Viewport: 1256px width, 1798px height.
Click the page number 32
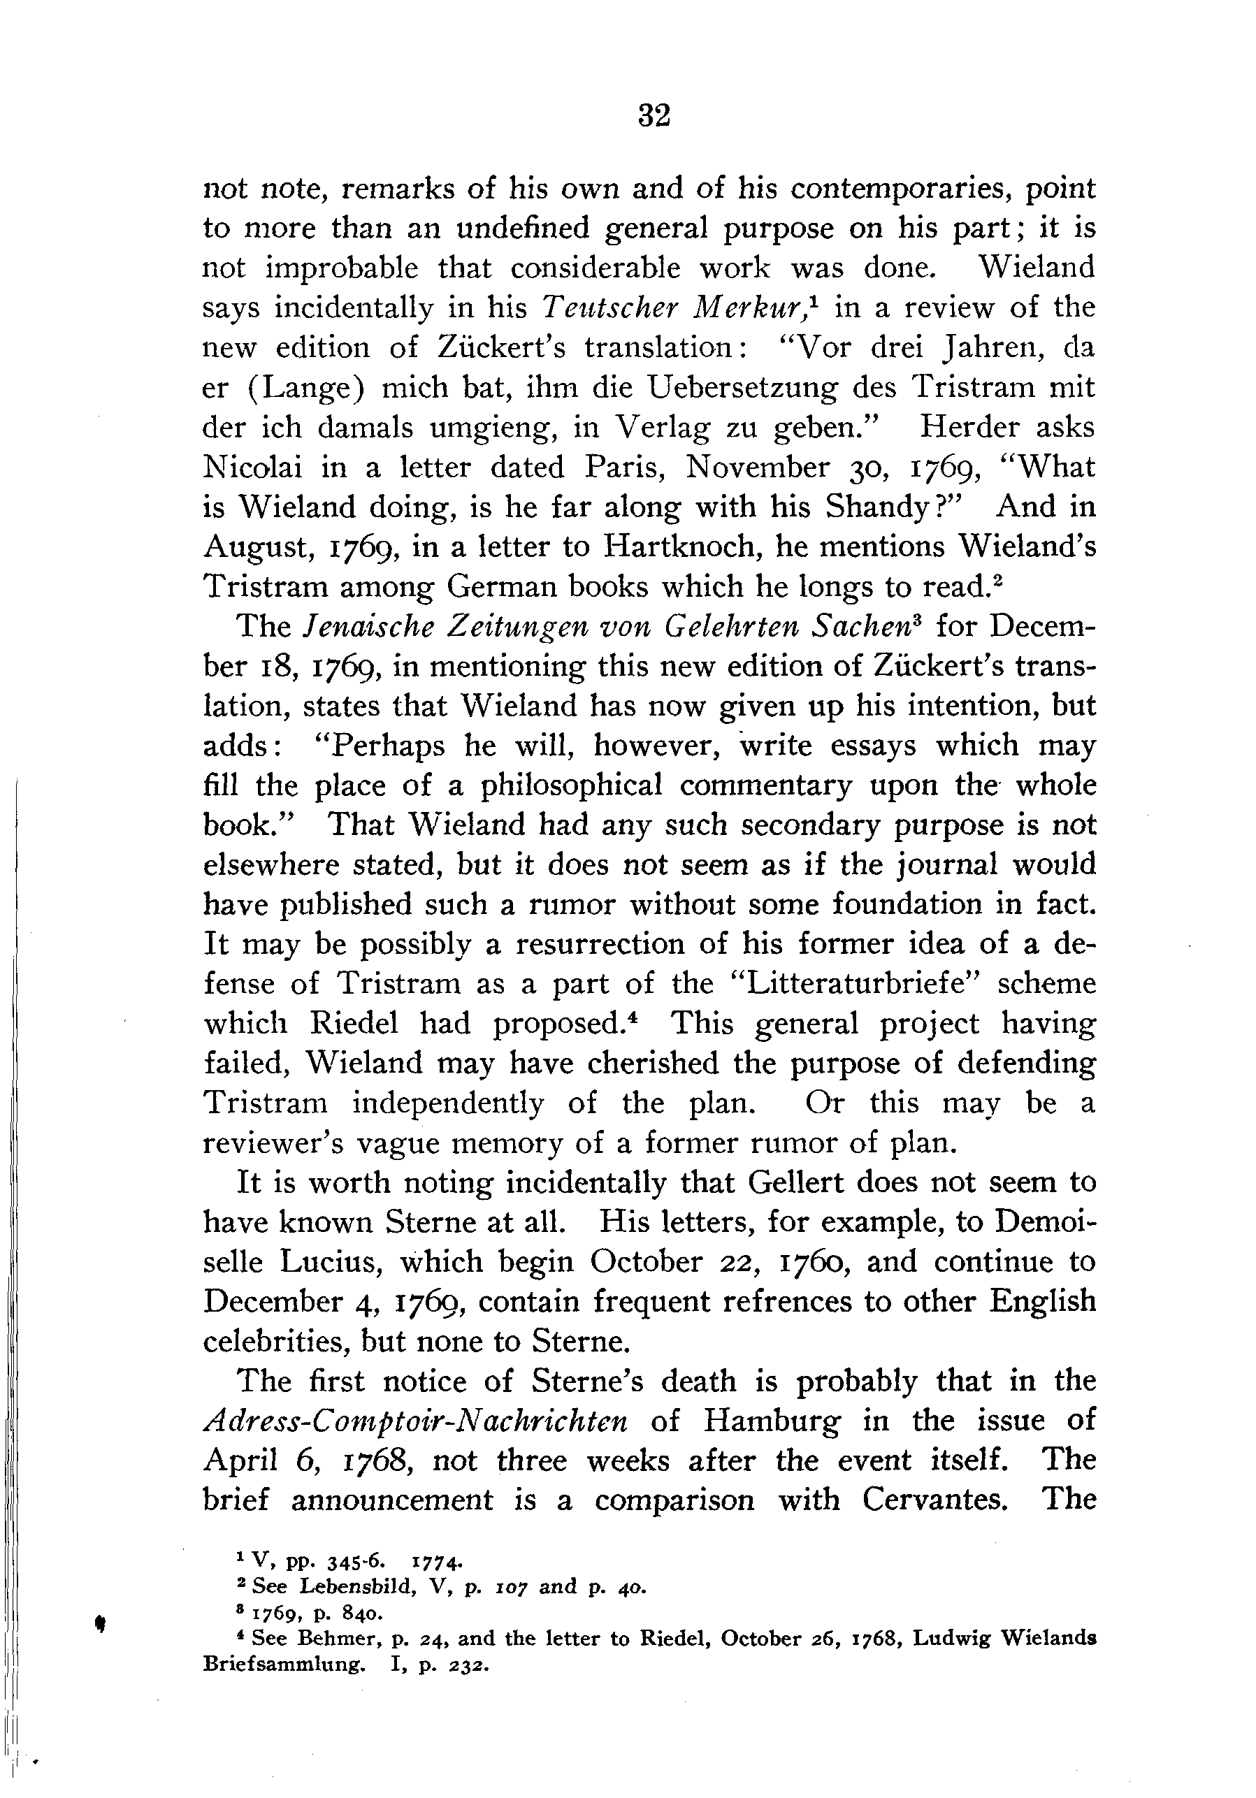(x=654, y=116)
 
